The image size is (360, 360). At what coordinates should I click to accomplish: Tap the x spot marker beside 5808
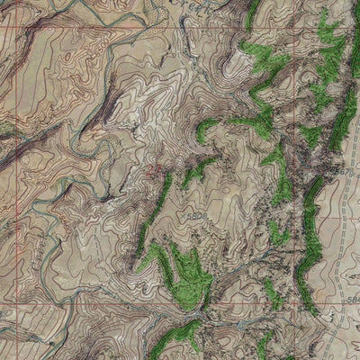click(187, 216)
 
